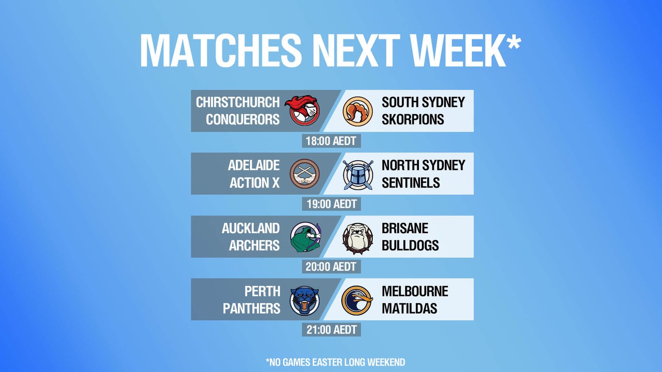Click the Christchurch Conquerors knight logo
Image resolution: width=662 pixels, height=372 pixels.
coord(303,111)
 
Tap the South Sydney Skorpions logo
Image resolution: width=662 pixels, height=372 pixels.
coord(357,111)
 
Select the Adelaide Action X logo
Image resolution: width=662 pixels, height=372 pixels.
coord(305,174)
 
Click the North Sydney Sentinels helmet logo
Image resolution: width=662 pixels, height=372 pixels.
coord(358,175)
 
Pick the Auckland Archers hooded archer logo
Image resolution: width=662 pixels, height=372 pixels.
coord(306,237)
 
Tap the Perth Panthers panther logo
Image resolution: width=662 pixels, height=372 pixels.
coord(305,300)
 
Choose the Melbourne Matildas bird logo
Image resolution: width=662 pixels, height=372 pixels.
coord(357,300)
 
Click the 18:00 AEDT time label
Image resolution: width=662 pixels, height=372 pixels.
coord(332,141)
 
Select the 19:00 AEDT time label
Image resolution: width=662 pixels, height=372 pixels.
coord(332,204)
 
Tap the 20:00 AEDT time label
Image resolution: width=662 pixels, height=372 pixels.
coord(332,267)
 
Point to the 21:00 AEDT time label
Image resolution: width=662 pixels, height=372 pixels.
coord(332,330)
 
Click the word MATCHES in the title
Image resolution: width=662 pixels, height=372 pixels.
coord(221,50)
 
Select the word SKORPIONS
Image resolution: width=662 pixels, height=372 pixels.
coord(413,119)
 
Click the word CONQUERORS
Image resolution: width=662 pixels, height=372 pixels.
coord(243,119)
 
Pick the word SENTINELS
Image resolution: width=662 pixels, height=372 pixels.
coord(411,182)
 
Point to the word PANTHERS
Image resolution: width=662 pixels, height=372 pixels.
coord(251,308)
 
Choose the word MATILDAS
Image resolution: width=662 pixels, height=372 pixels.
coord(409,308)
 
